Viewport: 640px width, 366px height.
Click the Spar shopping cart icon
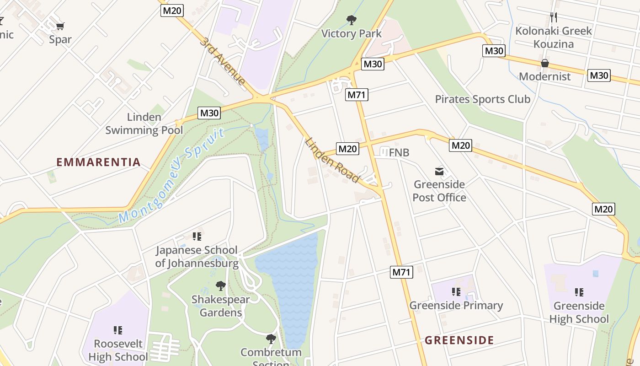click(60, 26)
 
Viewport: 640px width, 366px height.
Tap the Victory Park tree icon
click(351, 20)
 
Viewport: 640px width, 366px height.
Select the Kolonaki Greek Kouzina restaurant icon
click(554, 17)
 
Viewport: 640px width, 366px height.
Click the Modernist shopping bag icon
click(544, 63)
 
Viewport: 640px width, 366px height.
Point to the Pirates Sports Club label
click(482, 99)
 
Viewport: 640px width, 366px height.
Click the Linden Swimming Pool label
click(144, 124)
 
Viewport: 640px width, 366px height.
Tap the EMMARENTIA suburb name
click(98, 162)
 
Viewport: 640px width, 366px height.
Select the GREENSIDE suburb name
click(459, 340)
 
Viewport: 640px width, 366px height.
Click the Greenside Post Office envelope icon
click(439, 172)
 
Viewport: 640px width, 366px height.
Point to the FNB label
click(399, 153)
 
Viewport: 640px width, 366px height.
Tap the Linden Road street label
click(332, 160)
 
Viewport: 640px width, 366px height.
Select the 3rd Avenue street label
click(222, 61)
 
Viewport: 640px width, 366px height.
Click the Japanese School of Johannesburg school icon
click(197, 237)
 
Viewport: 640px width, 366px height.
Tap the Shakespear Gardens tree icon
click(221, 286)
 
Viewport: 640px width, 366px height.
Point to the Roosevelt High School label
click(118, 350)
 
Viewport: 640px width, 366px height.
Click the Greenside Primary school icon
click(456, 292)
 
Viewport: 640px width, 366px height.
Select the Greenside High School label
click(579, 312)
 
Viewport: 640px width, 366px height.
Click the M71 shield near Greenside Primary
click(402, 272)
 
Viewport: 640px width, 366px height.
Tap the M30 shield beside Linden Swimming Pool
click(209, 113)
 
